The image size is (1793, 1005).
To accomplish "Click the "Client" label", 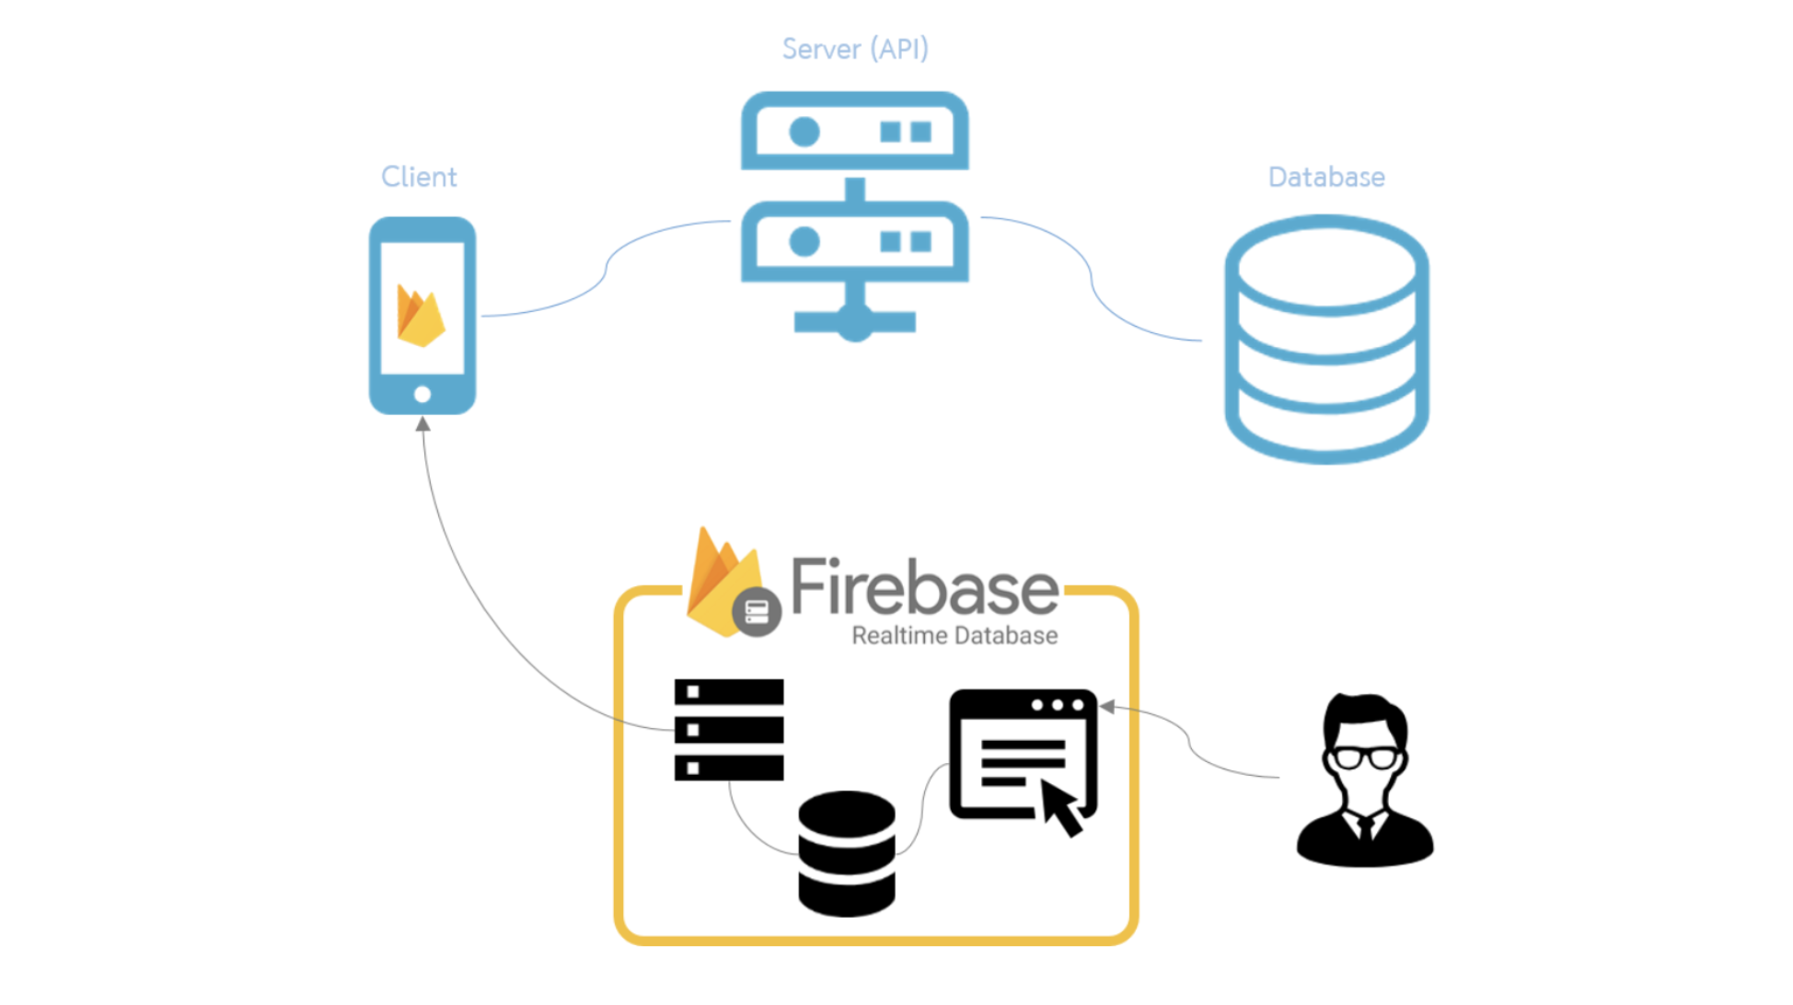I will [x=419, y=177].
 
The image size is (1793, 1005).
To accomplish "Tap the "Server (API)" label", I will [x=855, y=49].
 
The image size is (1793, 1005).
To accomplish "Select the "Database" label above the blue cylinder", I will [x=1325, y=177].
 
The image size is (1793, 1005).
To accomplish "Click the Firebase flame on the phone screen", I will [x=420, y=316].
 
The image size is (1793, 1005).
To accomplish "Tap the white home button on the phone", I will [x=422, y=395].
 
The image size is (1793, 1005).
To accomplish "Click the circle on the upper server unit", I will [x=804, y=133].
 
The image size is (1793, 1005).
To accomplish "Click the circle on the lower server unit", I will [x=804, y=242].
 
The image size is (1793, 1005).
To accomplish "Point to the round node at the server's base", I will [x=855, y=323].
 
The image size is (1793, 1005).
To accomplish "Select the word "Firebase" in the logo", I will [x=924, y=588].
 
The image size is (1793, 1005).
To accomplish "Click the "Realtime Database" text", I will [x=954, y=636].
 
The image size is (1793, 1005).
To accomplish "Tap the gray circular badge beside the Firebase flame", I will [x=757, y=611].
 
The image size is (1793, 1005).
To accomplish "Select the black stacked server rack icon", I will [x=729, y=730].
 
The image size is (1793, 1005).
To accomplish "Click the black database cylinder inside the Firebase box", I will [x=847, y=853].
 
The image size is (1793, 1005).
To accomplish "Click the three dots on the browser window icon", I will [x=1058, y=705].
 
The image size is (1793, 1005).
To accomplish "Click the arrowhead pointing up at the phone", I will [x=422, y=424].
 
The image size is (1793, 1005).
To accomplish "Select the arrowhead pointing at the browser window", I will [x=1108, y=707].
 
